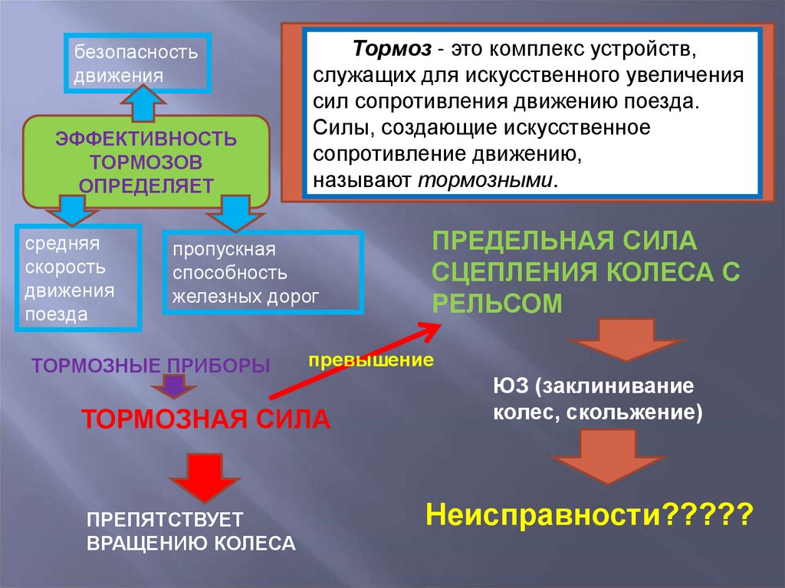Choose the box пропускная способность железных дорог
coord(262,273)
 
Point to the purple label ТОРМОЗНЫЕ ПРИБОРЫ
coord(151,365)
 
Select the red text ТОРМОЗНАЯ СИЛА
coord(205,419)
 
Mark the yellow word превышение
coord(371,360)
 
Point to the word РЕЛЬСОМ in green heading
coord(497,303)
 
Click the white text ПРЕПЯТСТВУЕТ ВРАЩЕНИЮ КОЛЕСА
coord(190,531)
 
